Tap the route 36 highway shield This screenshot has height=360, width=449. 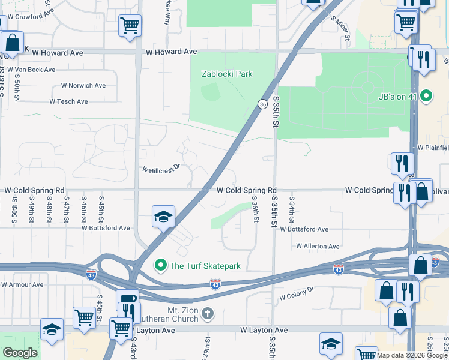(263, 104)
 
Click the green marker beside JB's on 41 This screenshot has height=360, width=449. (426, 95)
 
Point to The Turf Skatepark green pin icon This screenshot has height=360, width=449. (160, 265)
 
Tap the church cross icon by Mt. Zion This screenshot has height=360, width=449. (207, 313)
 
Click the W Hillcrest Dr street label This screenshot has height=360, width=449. (161, 169)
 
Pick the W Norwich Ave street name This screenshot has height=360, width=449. (83, 86)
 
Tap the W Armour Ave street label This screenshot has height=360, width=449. (23, 284)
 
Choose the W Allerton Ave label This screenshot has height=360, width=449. (318, 246)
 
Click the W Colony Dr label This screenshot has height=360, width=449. (297, 292)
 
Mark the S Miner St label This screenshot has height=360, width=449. (340, 28)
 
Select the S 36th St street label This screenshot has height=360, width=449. (255, 210)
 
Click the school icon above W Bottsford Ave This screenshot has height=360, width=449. (163, 218)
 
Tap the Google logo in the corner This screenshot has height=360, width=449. (20, 353)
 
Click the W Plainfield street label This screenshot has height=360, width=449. (433, 147)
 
